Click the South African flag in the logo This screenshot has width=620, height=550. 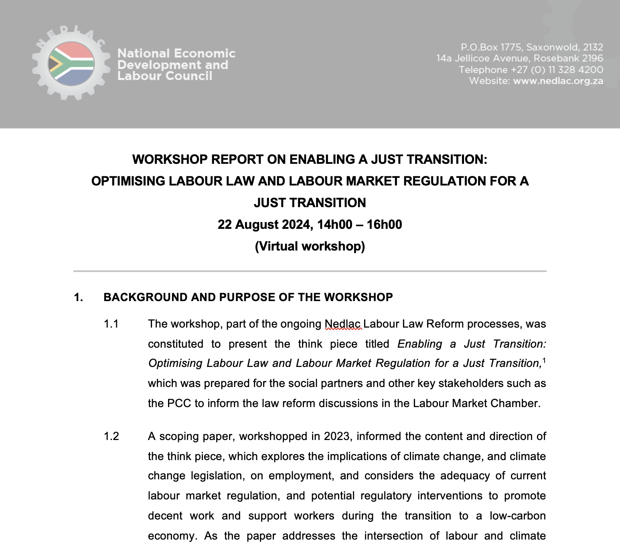tap(71, 64)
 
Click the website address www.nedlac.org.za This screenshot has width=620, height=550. tap(558, 81)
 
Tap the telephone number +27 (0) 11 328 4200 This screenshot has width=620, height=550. tap(557, 69)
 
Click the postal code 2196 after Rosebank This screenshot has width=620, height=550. tap(592, 58)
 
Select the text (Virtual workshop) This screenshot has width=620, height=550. tap(310, 246)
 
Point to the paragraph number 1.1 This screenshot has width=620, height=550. tap(111, 324)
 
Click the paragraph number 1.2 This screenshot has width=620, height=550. tap(111, 436)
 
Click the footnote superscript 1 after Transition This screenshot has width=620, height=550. tap(544, 360)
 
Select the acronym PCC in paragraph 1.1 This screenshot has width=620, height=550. tap(179, 403)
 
